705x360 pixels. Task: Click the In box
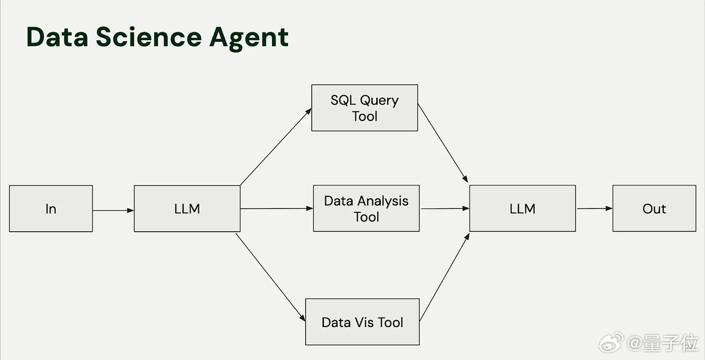point(51,209)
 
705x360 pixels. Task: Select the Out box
point(654,208)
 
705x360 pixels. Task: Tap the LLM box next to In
point(187,209)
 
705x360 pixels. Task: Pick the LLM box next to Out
point(523,208)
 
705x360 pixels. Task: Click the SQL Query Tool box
point(365,108)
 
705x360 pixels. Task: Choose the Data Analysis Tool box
point(366,208)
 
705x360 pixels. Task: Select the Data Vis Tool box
point(362,321)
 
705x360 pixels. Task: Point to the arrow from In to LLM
point(113,210)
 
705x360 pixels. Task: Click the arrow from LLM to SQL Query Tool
point(276,146)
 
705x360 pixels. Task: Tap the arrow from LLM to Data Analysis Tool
point(276,208)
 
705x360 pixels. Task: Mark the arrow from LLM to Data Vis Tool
point(270,277)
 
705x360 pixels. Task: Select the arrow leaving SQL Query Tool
point(443,143)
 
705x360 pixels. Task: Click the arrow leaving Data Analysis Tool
point(445,208)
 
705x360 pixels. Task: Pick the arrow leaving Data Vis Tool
point(444,277)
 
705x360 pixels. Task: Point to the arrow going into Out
point(594,208)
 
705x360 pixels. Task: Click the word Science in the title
point(149,37)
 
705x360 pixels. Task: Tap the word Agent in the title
point(249,39)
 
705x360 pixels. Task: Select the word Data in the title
point(57,37)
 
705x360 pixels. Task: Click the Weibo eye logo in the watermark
point(611,342)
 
